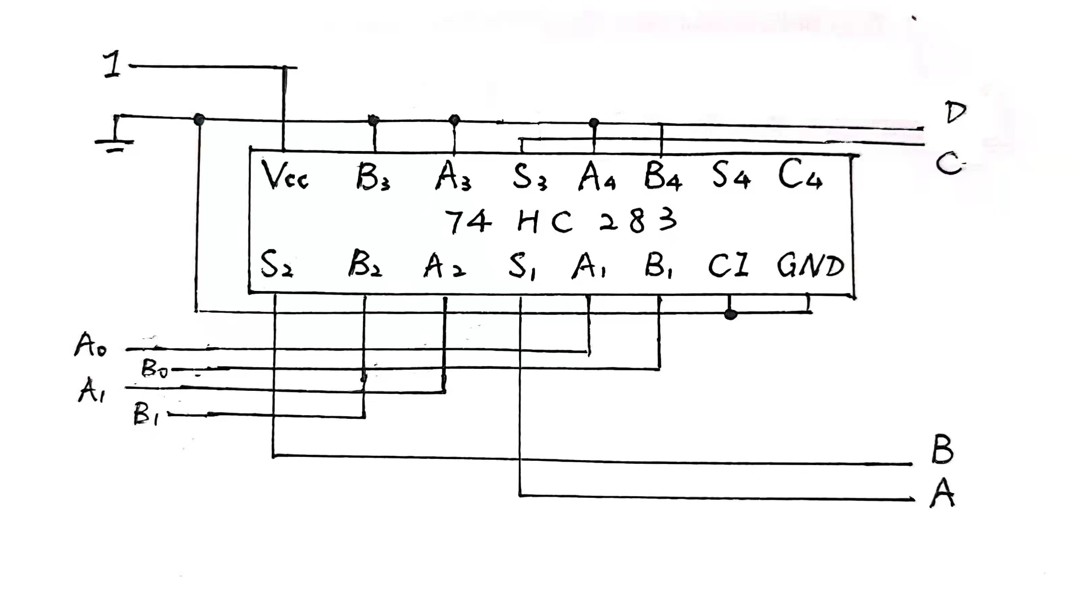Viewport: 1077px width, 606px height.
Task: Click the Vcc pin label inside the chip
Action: (x=284, y=176)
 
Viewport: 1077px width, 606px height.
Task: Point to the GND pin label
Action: (x=810, y=266)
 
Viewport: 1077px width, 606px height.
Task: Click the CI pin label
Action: (x=727, y=266)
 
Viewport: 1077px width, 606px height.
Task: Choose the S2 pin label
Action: (x=276, y=264)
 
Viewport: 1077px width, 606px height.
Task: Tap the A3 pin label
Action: (x=453, y=176)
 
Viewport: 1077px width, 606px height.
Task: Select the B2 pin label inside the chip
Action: (x=365, y=264)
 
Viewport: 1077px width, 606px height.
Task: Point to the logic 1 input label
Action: (x=112, y=64)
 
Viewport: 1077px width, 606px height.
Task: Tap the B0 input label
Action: (x=154, y=369)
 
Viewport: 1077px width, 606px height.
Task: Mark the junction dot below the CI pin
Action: (x=730, y=314)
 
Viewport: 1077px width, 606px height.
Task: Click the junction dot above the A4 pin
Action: (x=594, y=123)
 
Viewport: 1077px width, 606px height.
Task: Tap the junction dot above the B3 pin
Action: (x=374, y=121)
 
